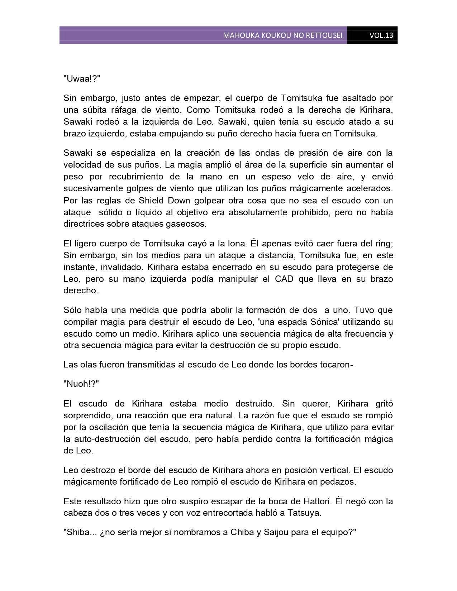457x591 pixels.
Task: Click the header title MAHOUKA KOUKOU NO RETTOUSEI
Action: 282,35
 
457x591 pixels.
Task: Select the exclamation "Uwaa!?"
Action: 82,79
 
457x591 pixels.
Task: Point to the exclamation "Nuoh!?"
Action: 81,384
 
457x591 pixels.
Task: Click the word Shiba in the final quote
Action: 76,532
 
